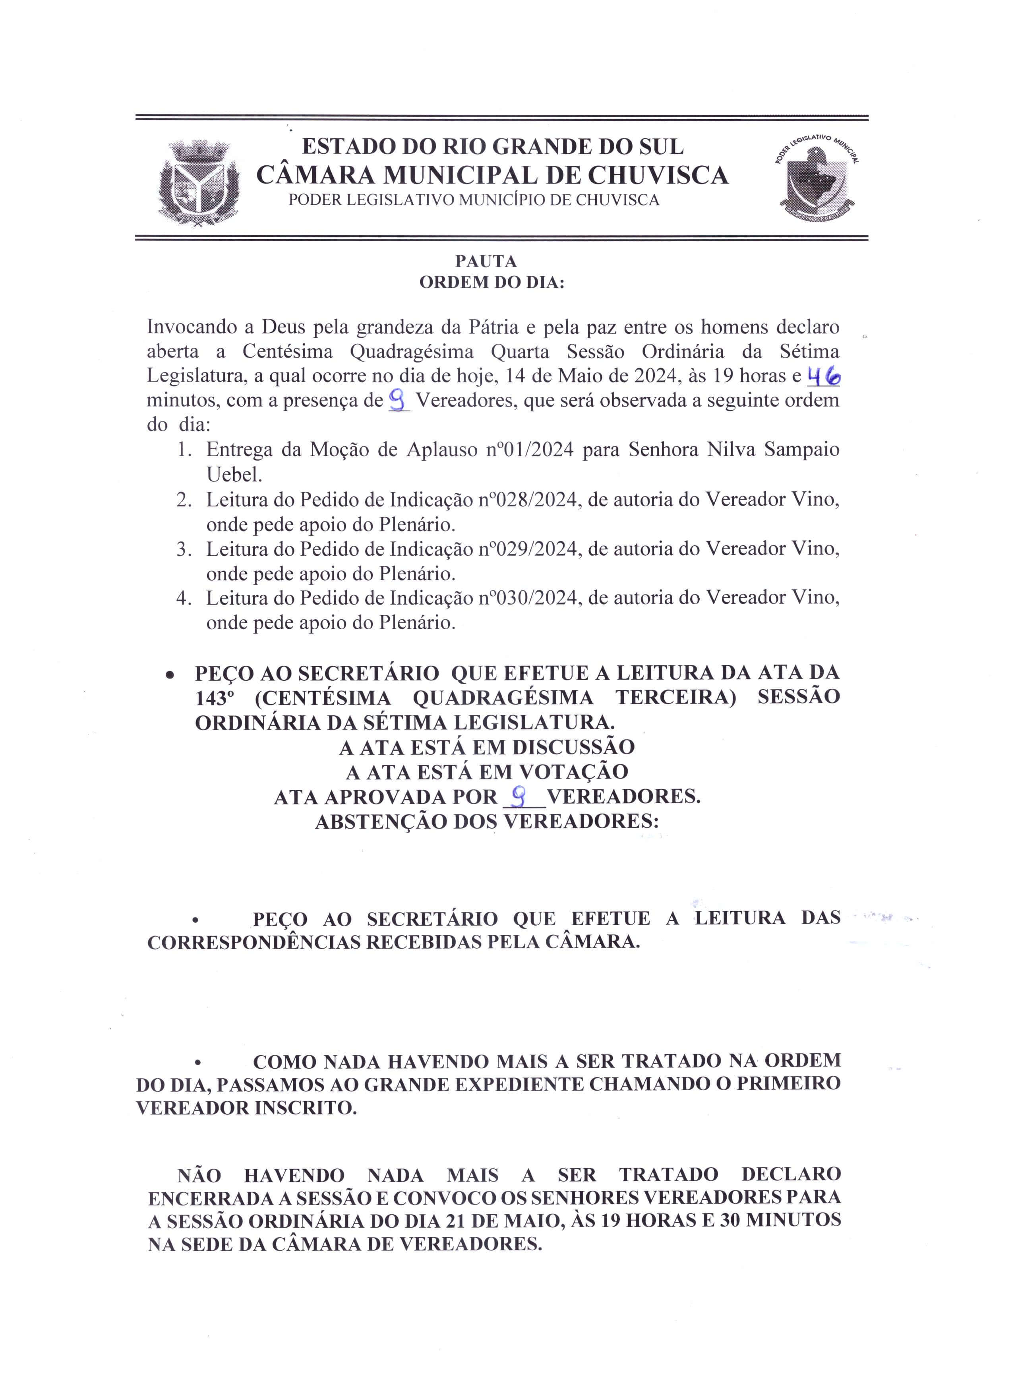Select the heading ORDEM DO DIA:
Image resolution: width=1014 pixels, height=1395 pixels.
point(492,283)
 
